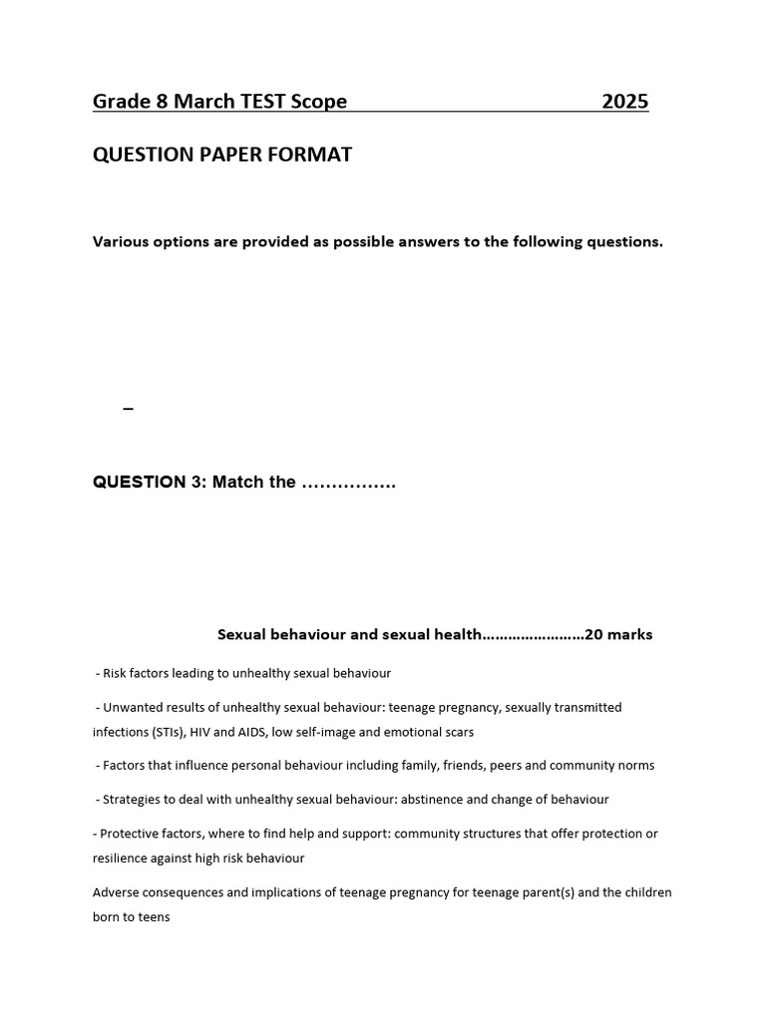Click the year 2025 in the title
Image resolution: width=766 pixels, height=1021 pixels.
(x=625, y=102)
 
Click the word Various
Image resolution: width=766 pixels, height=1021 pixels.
(x=121, y=242)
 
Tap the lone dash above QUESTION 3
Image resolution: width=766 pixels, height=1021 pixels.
(x=128, y=409)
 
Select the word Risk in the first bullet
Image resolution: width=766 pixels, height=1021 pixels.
(x=116, y=674)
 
